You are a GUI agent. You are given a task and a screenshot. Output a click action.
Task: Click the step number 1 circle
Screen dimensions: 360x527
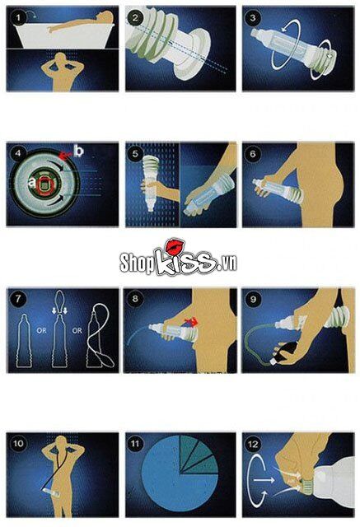[x=18, y=17]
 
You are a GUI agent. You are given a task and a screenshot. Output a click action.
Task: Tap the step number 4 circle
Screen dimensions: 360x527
[x=18, y=154]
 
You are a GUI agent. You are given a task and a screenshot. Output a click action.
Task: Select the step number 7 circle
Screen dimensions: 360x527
[x=18, y=298]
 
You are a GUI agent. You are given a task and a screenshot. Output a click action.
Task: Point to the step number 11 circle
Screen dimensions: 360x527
[x=135, y=444]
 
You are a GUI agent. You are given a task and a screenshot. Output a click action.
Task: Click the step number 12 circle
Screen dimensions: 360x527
[x=252, y=445]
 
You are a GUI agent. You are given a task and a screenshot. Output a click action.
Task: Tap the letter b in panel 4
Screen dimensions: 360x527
[x=78, y=151]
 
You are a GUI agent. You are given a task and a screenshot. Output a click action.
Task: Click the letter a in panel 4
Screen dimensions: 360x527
[x=32, y=183]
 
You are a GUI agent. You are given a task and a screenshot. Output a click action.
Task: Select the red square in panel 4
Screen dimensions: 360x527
[x=44, y=184]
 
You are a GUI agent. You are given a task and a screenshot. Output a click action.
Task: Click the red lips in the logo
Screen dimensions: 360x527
[x=175, y=247]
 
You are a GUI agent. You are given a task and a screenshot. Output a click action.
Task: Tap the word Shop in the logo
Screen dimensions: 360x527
[x=136, y=262]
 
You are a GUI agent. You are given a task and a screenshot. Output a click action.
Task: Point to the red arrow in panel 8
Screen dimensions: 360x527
[x=192, y=322]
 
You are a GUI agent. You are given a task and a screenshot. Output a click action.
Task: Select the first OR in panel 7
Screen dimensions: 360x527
[x=42, y=331]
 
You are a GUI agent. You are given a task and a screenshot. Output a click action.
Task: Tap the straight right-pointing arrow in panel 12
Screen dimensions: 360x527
[x=264, y=480]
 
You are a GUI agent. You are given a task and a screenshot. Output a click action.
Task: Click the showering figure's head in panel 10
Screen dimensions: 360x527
[x=62, y=441]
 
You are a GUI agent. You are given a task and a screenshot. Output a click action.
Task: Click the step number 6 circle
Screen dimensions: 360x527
[x=252, y=154]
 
